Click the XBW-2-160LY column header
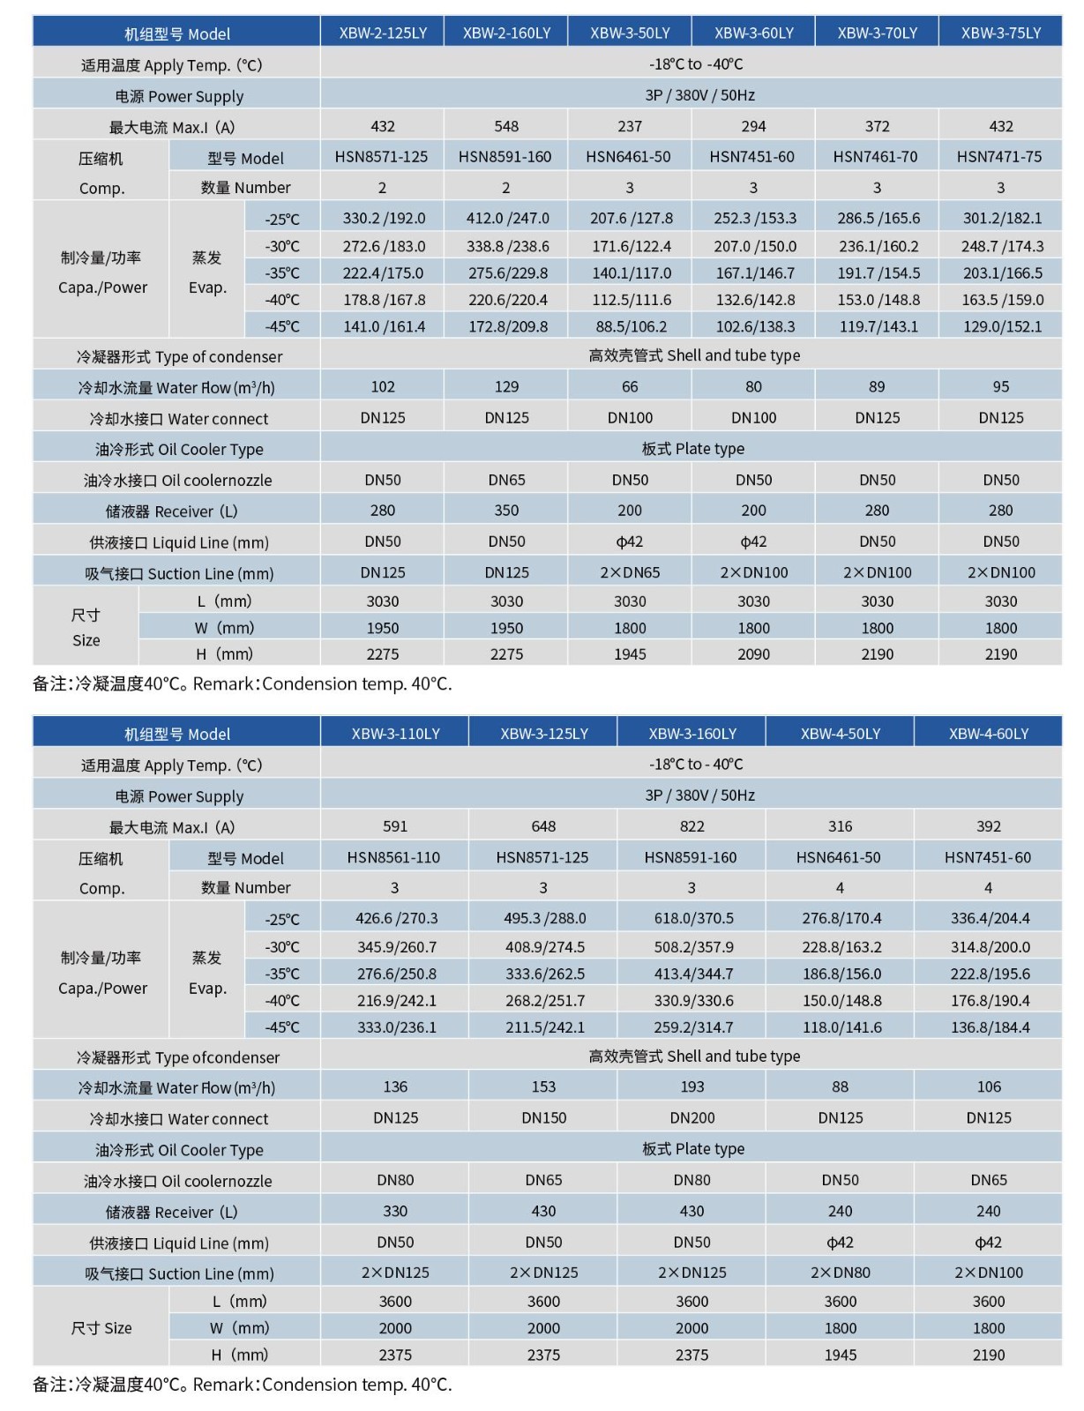506,34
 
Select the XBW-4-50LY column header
840,734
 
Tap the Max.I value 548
506,126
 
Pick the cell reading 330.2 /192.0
384,218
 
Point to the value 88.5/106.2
631,326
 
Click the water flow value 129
506,386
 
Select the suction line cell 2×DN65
630,572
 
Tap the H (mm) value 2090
753,654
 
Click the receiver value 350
506,511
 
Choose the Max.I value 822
692,826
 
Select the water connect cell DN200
692,1118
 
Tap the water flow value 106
989,1087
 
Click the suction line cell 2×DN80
840,1273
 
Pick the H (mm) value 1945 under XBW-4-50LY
840,1355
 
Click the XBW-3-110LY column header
395,734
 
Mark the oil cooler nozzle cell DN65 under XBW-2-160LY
506,480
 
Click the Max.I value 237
630,126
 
